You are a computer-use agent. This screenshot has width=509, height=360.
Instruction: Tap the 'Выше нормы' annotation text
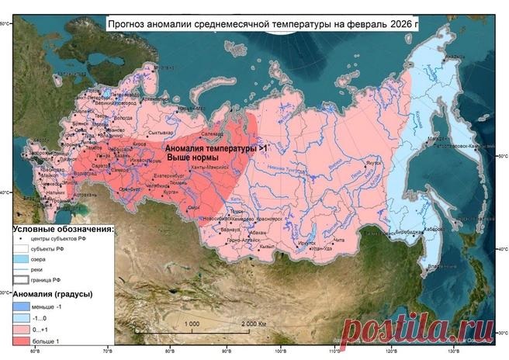point(198,157)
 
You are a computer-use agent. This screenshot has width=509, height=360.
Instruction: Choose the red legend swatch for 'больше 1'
point(23,340)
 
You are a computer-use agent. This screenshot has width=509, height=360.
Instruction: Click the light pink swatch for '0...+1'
point(23,329)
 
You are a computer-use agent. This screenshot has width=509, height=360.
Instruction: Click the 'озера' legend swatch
point(23,258)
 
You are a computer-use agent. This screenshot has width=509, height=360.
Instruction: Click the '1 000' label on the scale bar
point(193,323)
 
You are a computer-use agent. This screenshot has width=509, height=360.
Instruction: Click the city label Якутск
point(374,163)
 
